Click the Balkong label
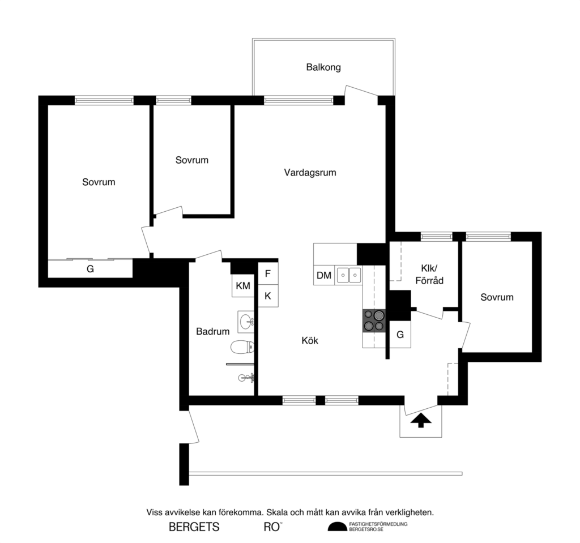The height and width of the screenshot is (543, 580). pyautogui.click(x=323, y=67)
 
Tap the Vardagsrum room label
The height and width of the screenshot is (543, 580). pyautogui.click(x=310, y=173)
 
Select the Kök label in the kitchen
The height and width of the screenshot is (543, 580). pyautogui.click(x=310, y=340)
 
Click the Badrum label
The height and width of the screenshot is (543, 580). pyautogui.click(x=212, y=331)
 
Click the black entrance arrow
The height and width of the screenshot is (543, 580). pyautogui.click(x=420, y=420)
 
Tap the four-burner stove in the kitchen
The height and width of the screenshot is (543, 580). pyautogui.click(x=374, y=320)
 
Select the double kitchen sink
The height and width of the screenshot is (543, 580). pyautogui.click(x=348, y=276)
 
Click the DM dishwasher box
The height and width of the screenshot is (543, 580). pyautogui.click(x=324, y=276)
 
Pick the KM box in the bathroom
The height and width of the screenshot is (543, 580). pyautogui.click(x=243, y=287)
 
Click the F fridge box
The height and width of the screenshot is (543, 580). pyautogui.click(x=268, y=272)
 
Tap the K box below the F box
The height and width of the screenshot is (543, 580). pyautogui.click(x=268, y=296)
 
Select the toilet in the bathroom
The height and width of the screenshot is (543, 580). pyautogui.click(x=240, y=347)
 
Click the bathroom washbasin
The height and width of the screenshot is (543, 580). pyautogui.click(x=246, y=322)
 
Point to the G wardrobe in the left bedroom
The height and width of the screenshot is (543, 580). pyautogui.click(x=90, y=269)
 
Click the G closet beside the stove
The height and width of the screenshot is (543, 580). pyautogui.click(x=400, y=335)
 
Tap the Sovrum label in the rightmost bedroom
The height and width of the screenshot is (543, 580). pyautogui.click(x=497, y=297)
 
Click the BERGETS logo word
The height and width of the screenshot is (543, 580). pyautogui.click(x=194, y=527)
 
